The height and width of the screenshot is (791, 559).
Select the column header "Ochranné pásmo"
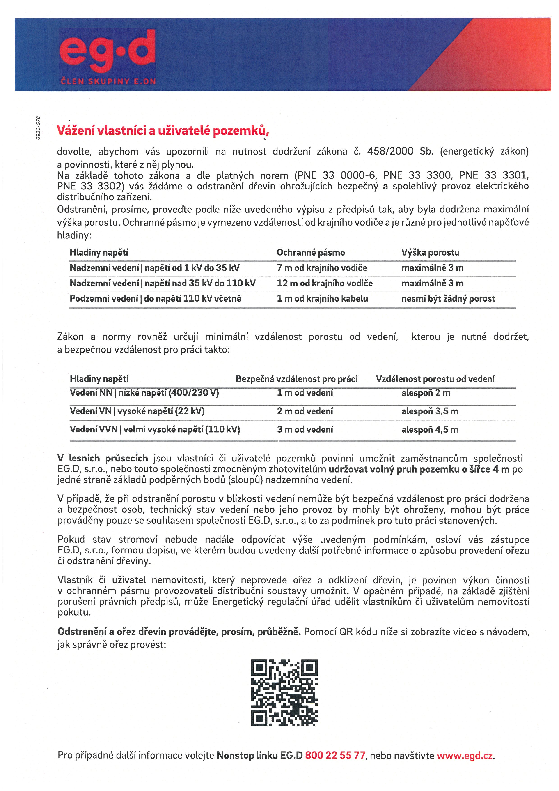[x=310, y=253]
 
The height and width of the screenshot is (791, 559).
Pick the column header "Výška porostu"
[x=430, y=253]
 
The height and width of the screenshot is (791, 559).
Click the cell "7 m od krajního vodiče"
[x=322, y=268]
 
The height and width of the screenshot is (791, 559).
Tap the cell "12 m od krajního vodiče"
[x=325, y=283]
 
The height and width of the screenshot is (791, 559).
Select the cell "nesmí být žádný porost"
[x=448, y=299]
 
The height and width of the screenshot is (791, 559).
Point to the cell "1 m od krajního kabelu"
[x=322, y=299]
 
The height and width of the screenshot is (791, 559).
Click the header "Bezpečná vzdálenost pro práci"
[x=296, y=379]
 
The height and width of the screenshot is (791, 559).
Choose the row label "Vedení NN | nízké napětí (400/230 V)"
[x=144, y=393]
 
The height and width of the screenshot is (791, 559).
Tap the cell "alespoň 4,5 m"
[x=430, y=430]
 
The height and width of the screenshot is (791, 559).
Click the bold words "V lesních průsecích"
[x=103, y=458]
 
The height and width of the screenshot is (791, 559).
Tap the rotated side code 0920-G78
[x=38, y=128]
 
